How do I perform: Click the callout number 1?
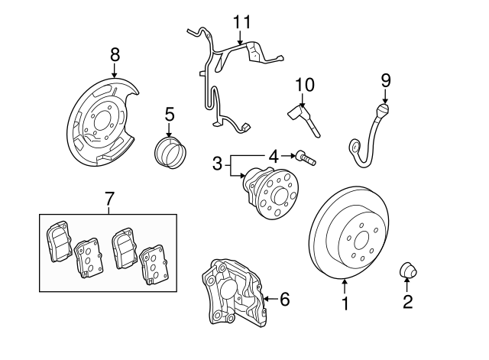pyautogui.click(x=345, y=304)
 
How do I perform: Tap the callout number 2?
pyautogui.click(x=407, y=302)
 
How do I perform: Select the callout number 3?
pyautogui.click(x=217, y=163)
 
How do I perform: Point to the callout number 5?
pyautogui.click(x=170, y=114)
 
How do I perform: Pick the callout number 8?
pyautogui.click(x=115, y=54)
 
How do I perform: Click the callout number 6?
pyautogui.click(x=284, y=299)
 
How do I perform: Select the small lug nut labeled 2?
pyautogui.click(x=407, y=271)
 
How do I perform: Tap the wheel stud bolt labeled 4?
pyautogui.click(x=307, y=158)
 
